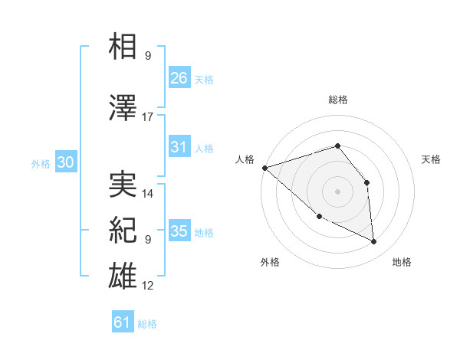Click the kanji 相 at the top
[x=123, y=47]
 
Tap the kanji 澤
[x=123, y=108]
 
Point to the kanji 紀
[x=123, y=230]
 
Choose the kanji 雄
[x=123, y=276]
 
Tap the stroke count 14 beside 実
[x=148, y=194]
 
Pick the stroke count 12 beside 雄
[x=148, y=286]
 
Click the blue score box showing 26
[x=179, y=77]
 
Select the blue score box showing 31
[x=179, y=147]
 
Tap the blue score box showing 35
[x=179, y=231]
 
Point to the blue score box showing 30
[x=65, y=163]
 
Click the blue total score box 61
[x=123, y=322]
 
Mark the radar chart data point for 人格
[x=264, y=168]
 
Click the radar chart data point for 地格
[x=374, y=242]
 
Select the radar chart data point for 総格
[x=337, y=146]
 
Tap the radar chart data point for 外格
[x=319, y=217]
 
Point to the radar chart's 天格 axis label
[x=432, y=159]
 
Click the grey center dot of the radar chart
[x=337, y=191]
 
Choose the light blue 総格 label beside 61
[x=147, y=324]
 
